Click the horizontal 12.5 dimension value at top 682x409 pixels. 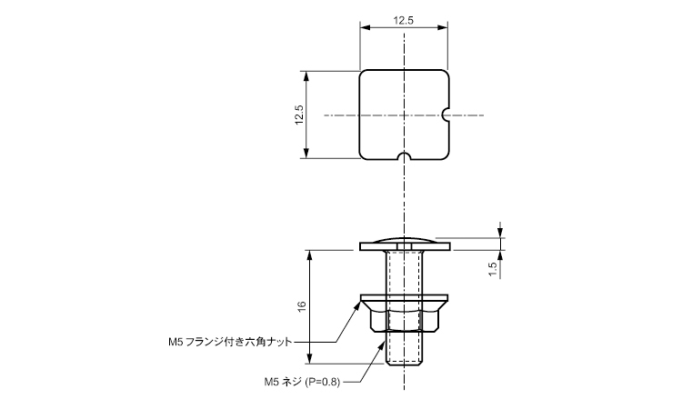tap(403, 20)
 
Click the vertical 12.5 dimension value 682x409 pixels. tap(299, 115)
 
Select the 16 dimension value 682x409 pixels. tap(302, 306)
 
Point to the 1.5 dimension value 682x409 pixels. tap(492, 269)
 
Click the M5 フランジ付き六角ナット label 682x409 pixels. tap(230, 342)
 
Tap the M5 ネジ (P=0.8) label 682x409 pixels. tap(302, 382)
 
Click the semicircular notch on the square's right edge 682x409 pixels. tap(446, 115)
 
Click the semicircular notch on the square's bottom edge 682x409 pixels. tap(405, 156)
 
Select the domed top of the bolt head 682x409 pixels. tap(405, 240)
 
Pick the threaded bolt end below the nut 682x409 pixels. tap(404, 349)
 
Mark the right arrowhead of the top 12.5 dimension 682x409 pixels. tap(443, 28)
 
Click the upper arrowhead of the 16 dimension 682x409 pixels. tap(310, 255)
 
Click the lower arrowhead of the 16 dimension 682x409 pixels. tap(310, 359)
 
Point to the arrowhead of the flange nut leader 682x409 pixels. tap(357, 305)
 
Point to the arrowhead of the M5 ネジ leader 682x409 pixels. tap(383, 346)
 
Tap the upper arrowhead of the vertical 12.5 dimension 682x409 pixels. tap(306, 76)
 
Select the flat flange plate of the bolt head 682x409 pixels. tap(405, 247)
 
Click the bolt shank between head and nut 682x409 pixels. tap(405, 273)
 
